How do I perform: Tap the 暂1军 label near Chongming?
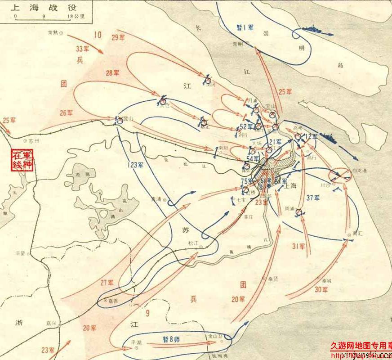click(245, 28)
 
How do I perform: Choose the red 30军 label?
click(321, 289)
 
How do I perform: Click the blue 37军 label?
click(313, 198)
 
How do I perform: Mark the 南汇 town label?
click(358, 234)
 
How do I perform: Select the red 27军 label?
click(107, 283)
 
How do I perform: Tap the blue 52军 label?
click(246, 126)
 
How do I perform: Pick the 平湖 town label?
click(136, 342)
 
